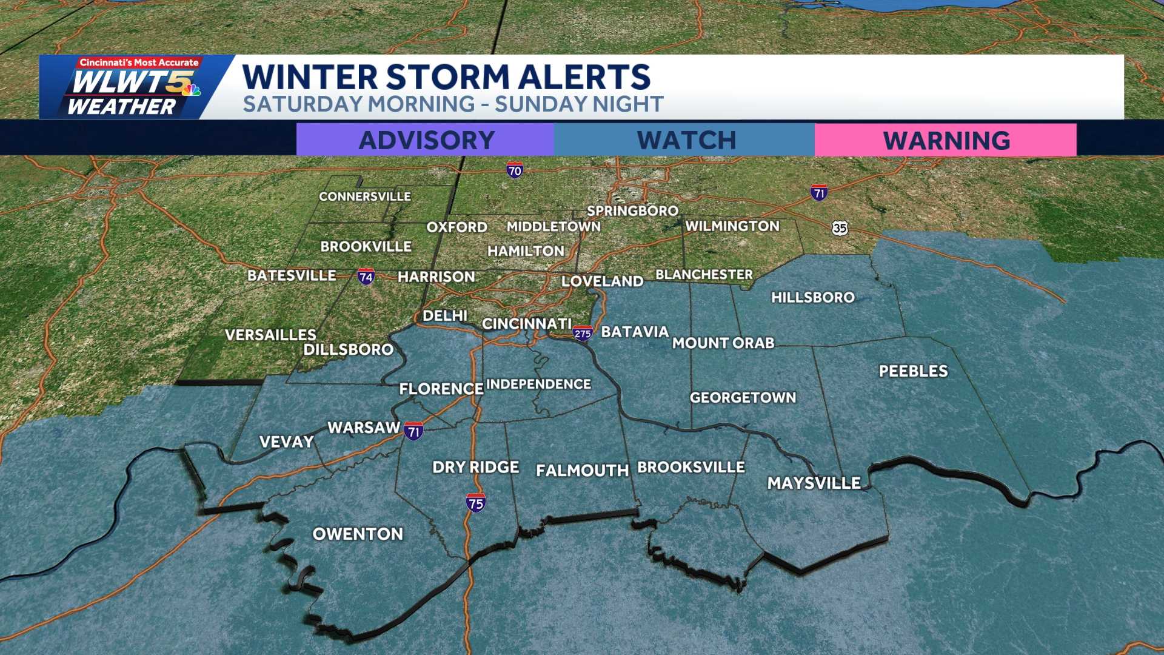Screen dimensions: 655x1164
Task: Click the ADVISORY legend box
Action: (426, 140)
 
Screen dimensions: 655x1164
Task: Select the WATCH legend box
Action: (685, 140)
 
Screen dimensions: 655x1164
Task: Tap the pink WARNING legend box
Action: (946, 140)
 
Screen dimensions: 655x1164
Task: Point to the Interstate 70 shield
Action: (515, 170)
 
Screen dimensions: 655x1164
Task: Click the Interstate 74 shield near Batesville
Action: (366, 277)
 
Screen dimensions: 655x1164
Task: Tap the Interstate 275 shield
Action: (583, 334)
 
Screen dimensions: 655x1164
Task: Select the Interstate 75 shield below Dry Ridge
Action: (475, 503)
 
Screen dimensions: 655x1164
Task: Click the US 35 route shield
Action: (840, 228)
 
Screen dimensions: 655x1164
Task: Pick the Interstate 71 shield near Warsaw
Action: (414, 431)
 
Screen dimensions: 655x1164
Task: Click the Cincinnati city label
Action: (526, 324)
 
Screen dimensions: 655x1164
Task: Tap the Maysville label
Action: (814, 483)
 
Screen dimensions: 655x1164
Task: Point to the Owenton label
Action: (358, 534)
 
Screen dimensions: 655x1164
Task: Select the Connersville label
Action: (365, 196)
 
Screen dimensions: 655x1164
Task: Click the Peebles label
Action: (913, 371)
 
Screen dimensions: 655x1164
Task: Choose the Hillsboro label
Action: (812, 297)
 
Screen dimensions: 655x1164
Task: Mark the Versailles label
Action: (270, 335)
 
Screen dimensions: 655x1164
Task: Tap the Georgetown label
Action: (743, 398)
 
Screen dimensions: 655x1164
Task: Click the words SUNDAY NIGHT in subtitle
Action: (579, 104)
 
